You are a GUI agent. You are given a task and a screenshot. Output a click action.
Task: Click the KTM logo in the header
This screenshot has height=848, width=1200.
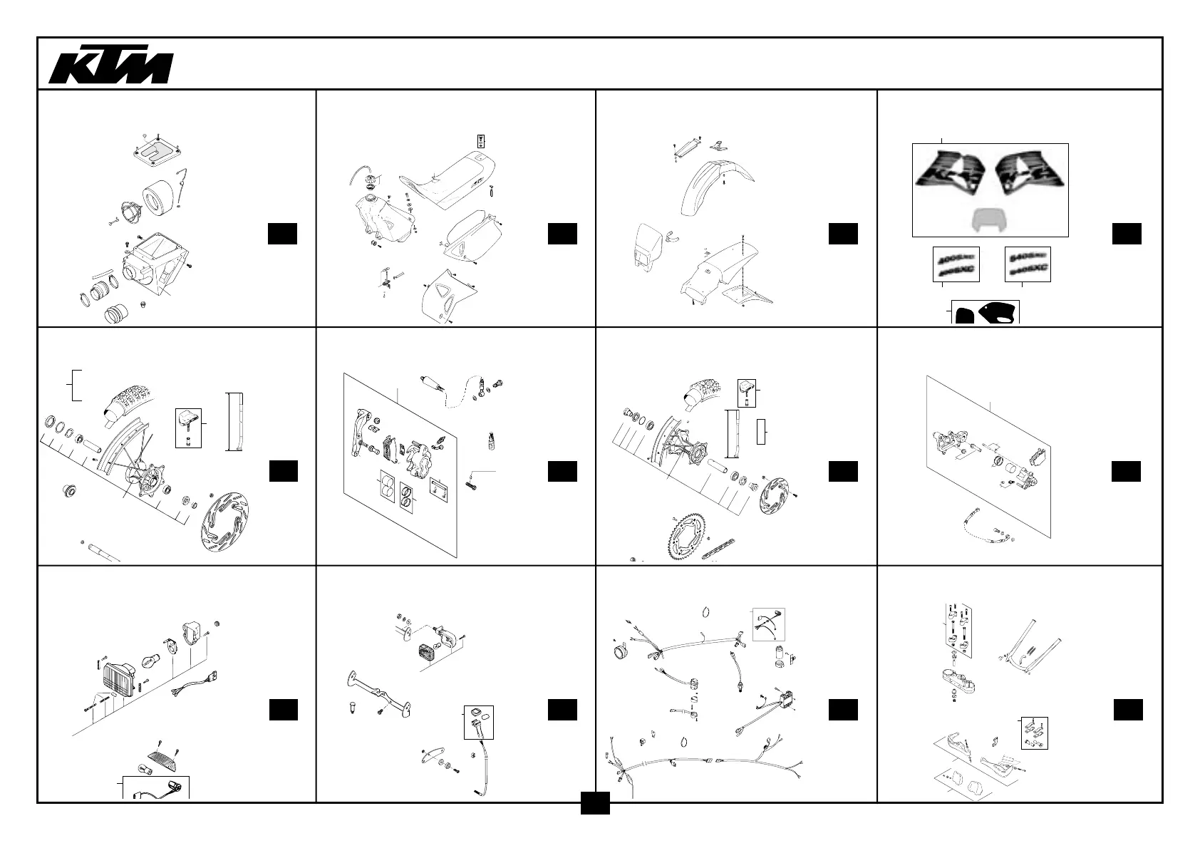coord(110,67)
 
